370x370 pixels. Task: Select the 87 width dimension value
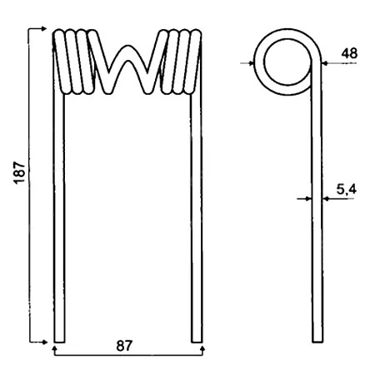click(x=124, y=346)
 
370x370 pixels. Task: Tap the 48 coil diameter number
click(x=348, y=52)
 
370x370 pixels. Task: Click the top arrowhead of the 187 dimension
click(x=42, y=29)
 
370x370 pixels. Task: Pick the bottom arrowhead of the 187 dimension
click(x=42, y=340)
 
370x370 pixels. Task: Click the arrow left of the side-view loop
click(x=252, y=62)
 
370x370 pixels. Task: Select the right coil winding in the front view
click(x=178, y=60)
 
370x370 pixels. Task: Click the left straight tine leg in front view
click(x=57, y=216)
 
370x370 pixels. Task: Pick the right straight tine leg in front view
click(x=197, y=216)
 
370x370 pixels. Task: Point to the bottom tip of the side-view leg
click(x=317, y=341)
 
